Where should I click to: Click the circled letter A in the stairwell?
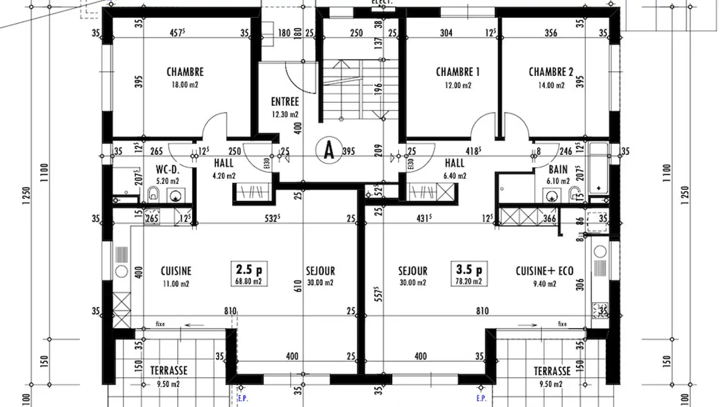pyautogui.click(x=328, y=150)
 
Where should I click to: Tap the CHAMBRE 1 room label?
pyautogui.click(x=457, y=72)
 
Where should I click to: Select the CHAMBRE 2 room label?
pyautogui.click(x=551, y=72)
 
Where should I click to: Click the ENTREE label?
pyautogui.click(x=285, y=102)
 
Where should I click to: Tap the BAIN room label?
pyautogui.click(x=558, y=170)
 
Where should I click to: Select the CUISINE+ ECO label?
pyautogui.click(x=544, y=271)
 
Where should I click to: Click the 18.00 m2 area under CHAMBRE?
pyautogui.click(x=185, y=85)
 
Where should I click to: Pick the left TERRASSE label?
pyautogui.click(x=169, y=371)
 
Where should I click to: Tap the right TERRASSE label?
pyautogui.click(x=552, y=371)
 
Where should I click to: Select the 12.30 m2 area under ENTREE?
pyautogui.click(x=285, y=114)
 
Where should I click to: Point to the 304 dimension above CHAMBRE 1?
pyautogui.click(x=446, y=33)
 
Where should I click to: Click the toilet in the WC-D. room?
pyautogui.click(x=154, y=193)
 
